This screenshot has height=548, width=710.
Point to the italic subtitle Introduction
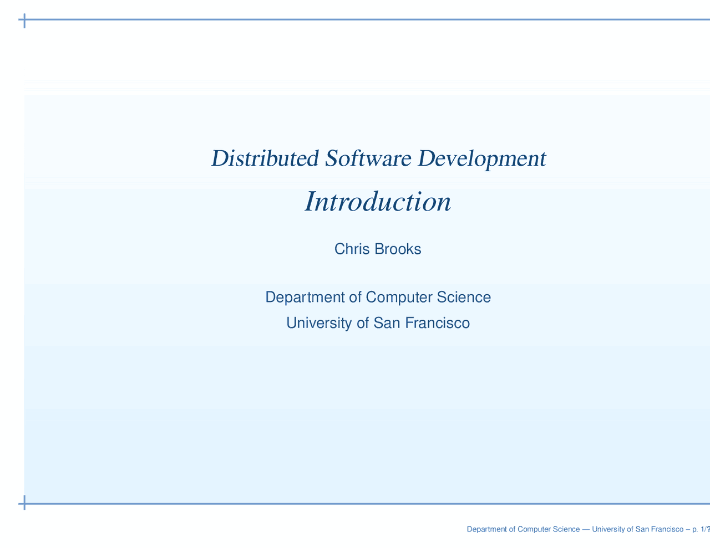pyautogui.click(x=378, y=202)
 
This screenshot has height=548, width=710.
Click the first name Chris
pyautogui.click(x=352, y=249)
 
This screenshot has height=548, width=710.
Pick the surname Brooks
pyautogui.click(x=398, y=249)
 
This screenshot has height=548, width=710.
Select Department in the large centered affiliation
pyautogui.click(x=305, y=298)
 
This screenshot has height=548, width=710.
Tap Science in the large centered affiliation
pyautogui.click(x=464, y=298)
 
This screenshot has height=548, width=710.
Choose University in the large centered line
pyautogui.click(x=319, y=322)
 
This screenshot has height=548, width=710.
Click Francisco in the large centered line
pyautogui.click(x=438, y=322)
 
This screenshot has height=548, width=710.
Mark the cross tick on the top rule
pyautogui.click(x=24, y=21)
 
